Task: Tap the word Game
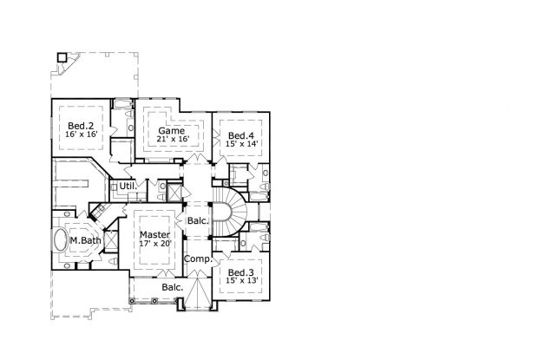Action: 171,131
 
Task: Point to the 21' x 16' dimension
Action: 171,141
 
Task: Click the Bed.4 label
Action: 240,136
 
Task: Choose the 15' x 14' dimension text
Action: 240,146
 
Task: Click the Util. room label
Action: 128,186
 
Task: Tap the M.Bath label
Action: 85,240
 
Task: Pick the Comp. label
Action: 197,259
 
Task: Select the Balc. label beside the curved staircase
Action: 197,220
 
